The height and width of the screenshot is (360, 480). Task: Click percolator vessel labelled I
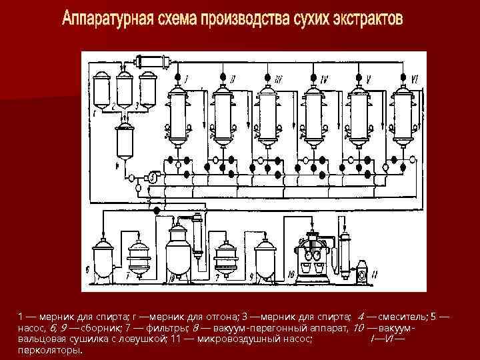(179, 115)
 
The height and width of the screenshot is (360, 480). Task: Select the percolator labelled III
(268, 115)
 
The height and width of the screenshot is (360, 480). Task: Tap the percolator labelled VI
(401, 115)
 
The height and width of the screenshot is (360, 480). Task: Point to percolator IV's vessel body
(313, 115)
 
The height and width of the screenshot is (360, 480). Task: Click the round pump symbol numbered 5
(153, 177)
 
